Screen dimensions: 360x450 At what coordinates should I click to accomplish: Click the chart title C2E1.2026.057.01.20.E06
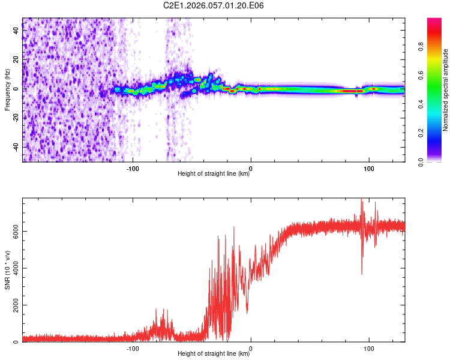(214, 5)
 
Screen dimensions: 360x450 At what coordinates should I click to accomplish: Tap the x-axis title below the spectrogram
(214, 174)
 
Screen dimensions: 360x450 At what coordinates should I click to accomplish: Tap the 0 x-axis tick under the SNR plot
(251, 347)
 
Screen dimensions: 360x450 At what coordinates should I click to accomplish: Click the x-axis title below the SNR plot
(214, 354)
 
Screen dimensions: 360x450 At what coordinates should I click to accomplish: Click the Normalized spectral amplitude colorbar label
(446, 90)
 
